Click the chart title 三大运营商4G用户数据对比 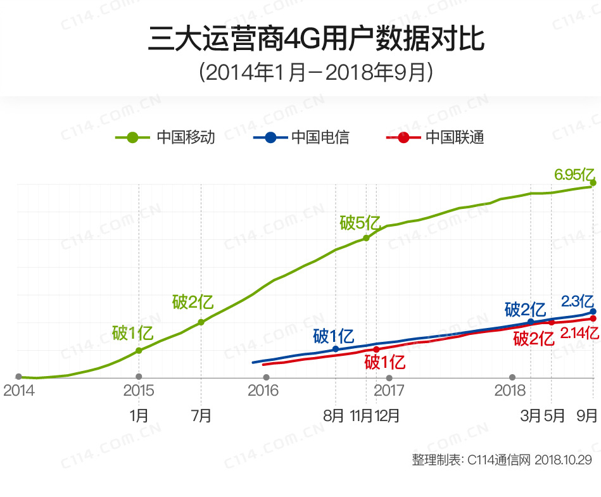pos(316,39)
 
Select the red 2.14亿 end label pos(579,333)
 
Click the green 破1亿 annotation pos(132,332)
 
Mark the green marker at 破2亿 pos(201,322)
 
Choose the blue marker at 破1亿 pos(336,349)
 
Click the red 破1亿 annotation pos(384,363)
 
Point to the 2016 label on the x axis pos(263,391)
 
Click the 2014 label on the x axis pos(18,391)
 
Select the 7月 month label pos(201,416)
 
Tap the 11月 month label pos(361,416)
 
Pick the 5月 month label pos(554,416)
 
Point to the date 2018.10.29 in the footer pos(563,460)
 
